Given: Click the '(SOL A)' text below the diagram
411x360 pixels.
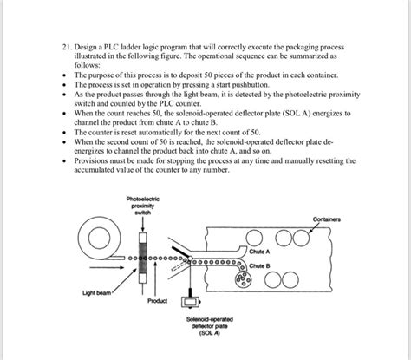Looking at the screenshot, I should (212, 334).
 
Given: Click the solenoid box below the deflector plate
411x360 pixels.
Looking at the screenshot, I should (188, 302).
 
